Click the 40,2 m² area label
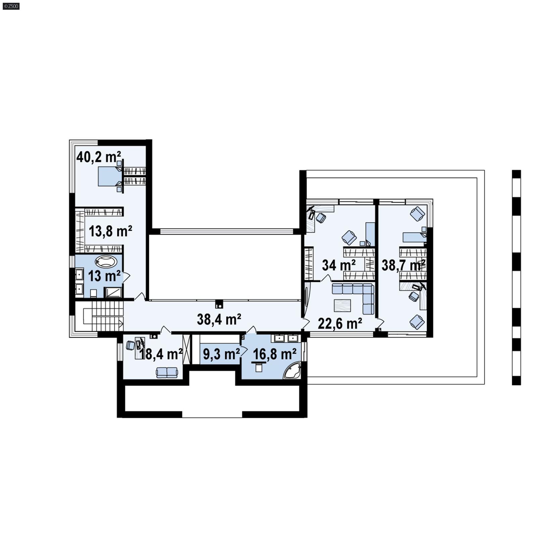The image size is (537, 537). pos(98,157)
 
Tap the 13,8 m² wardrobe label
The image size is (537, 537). pos(110,231)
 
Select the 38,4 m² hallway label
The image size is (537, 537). pos(219,319)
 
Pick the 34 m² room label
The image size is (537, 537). pos(339,265)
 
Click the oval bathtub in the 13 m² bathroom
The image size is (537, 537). pos(106,261)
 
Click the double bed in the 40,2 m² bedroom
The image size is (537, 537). pos(109,177)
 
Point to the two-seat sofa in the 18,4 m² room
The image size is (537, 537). pos(167,372)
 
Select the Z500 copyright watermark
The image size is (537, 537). pos(11,6)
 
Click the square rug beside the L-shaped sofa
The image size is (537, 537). pos(342,305)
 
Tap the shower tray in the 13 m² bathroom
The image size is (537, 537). pos(113,292)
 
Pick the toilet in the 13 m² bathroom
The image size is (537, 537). pos(94,293)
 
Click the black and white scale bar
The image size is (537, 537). pos(516,277)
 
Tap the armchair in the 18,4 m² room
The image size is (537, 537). pos(130,345)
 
